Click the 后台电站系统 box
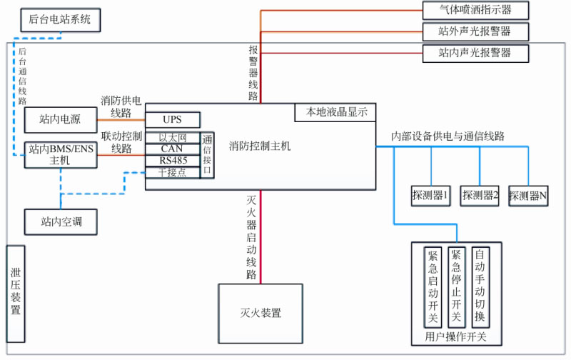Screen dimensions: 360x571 click(x=61, y=19)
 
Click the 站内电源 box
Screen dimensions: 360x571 click(x=60, y=120)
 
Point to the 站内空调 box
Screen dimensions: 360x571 click(x=61, y=221)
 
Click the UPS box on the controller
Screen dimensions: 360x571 click(x=173, y=119)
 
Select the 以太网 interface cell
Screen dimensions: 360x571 click(x=173, y=137)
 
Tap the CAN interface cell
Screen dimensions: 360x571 click(x=173, y=149)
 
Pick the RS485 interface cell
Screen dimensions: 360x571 click(x=173, y=160)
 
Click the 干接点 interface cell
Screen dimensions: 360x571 click(x=173, y=172)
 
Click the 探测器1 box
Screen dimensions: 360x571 click(x=431, y=195)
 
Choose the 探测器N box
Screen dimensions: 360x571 click(x=528, y=195)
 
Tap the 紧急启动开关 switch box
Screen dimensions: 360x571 click(x=433, y=286)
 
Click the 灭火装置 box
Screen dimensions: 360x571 click(x=261, y=313)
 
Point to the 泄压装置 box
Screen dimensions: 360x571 click(x=16, y=292)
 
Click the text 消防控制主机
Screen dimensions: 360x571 click(x=260, y=146)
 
